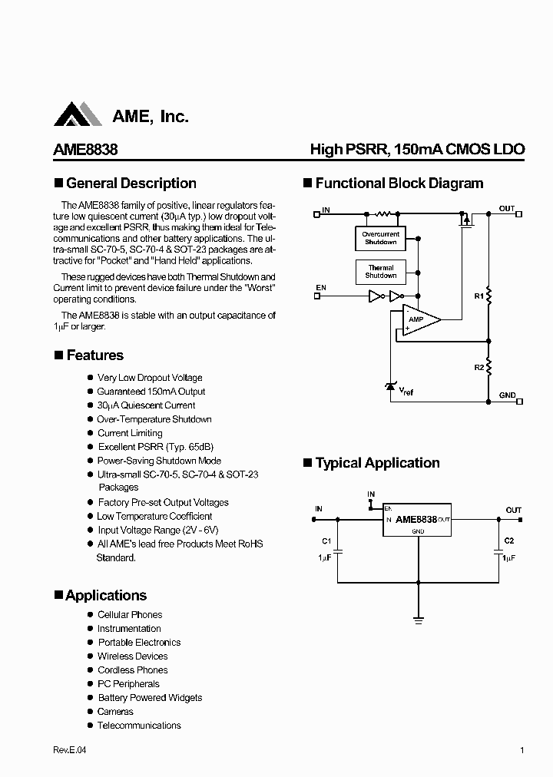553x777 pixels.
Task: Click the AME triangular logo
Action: click(x=78, y=114)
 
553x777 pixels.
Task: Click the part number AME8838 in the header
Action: click(x=85, y=150)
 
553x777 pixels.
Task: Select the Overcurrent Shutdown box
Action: click(x=381, y=238)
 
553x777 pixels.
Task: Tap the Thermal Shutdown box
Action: click(x=381, y=272)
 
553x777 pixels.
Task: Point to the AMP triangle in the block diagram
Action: click(x=419, y=319)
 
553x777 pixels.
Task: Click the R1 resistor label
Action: click(x=478, y=296)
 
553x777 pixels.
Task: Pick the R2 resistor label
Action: click(x=478, y=368)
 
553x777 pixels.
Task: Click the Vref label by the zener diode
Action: click(x=406, y=392)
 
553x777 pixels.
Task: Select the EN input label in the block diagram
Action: click(x=321, y=288)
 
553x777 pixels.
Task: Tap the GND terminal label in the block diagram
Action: click(x=508, y=395)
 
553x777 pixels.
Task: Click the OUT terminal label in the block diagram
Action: click(x=507, y=209)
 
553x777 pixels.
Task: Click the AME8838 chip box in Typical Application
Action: click(x=417, y=519)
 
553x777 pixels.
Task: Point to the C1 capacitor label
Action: click(x=326, y=541)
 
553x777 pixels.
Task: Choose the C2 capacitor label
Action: click(x=508, y=541)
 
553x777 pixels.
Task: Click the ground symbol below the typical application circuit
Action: click(x=419, y=617)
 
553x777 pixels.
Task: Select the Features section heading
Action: click(x=94, y=355)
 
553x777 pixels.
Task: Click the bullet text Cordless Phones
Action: click(x=132, y=670)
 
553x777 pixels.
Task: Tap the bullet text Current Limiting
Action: click(x=130, y=433)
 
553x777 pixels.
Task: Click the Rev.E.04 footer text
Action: click(x=70, y=751)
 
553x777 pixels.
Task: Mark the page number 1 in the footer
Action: click(x=522, y=751)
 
